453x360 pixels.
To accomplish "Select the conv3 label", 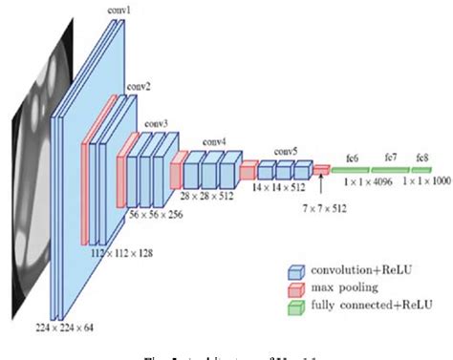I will coord(158,123).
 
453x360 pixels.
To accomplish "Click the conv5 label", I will coord(286,151).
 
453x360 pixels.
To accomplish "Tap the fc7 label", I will coord(392,157).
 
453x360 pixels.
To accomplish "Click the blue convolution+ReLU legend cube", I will coord(299,268).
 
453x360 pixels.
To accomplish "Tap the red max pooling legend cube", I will coord(299,286).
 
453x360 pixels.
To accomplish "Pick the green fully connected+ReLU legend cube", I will coord(299,304).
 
